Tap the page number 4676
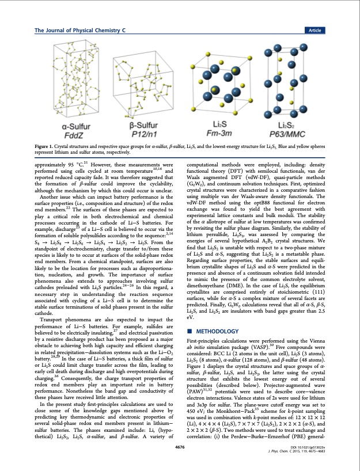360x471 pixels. [180, 446]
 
